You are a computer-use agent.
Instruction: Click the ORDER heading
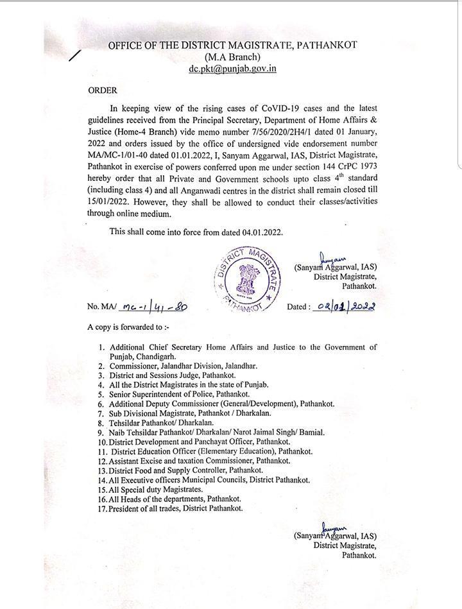pyautogui.click(x=103, y=91)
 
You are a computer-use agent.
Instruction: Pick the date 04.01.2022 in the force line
pyautogui.click(x=259, y=232)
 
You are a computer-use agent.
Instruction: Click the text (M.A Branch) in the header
pyautogui.click(x=232, y=56)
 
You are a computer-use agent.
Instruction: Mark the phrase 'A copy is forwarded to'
pyautogui.click(x=128, y=327)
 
